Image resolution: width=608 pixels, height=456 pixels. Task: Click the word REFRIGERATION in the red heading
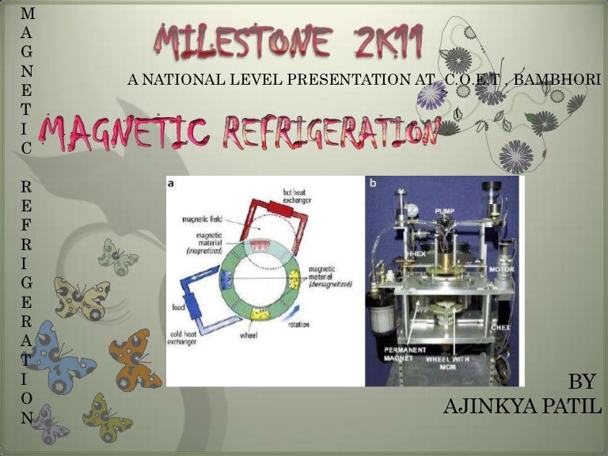(331, 133)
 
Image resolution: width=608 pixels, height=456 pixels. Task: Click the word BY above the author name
(581, 382)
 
